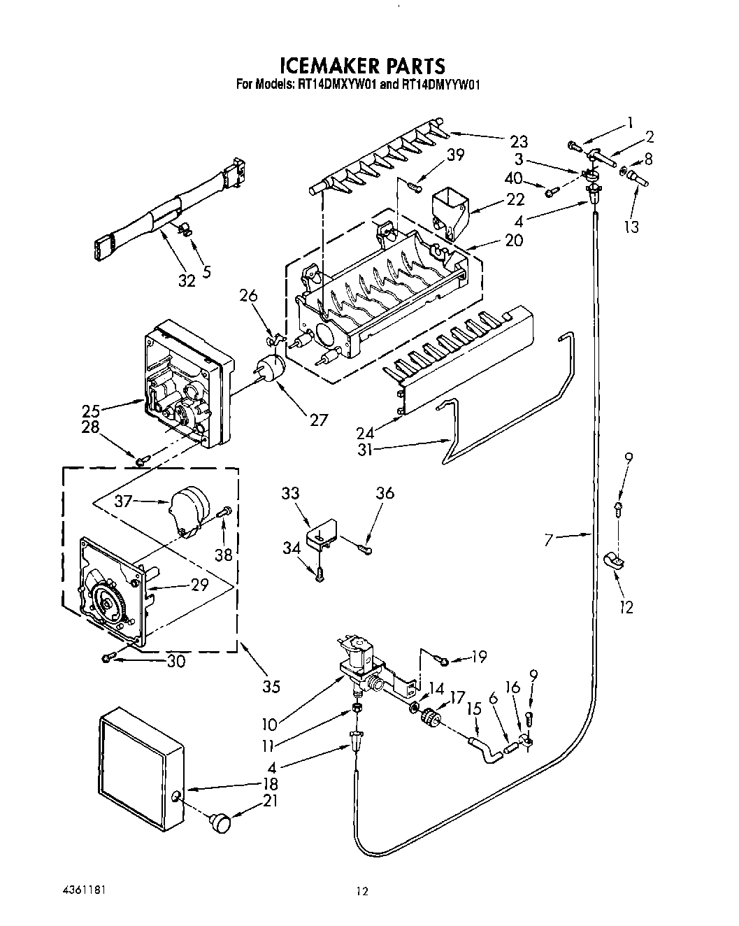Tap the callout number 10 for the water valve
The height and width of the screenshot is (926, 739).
click(x=268, y=723)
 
